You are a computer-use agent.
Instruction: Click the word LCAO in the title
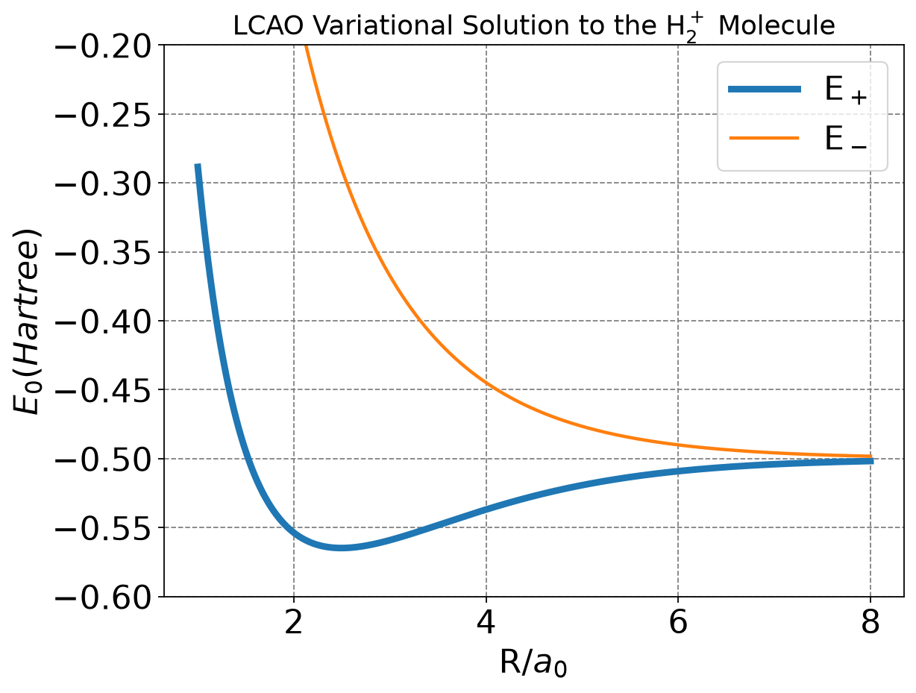(268, 26)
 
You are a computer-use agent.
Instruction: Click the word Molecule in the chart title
(777, 26)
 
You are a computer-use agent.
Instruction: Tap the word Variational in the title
(383, 26)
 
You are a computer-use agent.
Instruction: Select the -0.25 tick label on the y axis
(103, 114)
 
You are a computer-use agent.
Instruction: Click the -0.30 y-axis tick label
(103, 184)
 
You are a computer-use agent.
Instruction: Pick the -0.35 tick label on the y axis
(103, 252)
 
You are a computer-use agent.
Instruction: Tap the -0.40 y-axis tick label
(103, 322)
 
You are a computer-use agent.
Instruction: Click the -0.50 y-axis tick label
(103, 460)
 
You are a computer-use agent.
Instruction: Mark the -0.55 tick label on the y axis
(103, 528)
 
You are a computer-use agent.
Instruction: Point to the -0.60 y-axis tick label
(103, 598)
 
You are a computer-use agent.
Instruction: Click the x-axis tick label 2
(294, 622)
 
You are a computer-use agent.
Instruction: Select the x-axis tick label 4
(486, 622)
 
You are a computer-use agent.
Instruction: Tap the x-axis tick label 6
(678, 622)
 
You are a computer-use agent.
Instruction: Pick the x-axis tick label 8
(870, 622)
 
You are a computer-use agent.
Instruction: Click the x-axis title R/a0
(533, 663)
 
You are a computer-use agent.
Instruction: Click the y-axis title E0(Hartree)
(27, 322)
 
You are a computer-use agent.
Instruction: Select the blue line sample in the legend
(765, 89)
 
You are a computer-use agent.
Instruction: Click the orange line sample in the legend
(765, 138)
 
